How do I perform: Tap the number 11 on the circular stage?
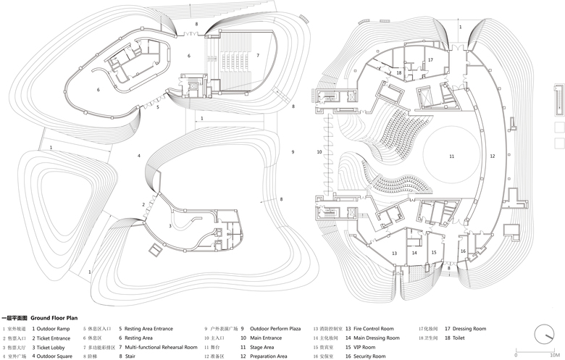point(451,156)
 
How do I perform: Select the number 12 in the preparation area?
point(493,156)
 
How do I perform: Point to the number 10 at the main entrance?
point(319,152)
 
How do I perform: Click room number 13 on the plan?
point(394,253)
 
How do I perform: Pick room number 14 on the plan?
point(415,253)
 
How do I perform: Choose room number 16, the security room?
point(462,251)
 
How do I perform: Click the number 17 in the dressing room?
point(430,60)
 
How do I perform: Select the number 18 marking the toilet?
point(399,72)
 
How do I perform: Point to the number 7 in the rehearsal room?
point(257,55)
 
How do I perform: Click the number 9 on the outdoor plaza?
point(293,152)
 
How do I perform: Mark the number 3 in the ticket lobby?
point(171,226)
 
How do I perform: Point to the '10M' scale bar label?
point(556,355)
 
